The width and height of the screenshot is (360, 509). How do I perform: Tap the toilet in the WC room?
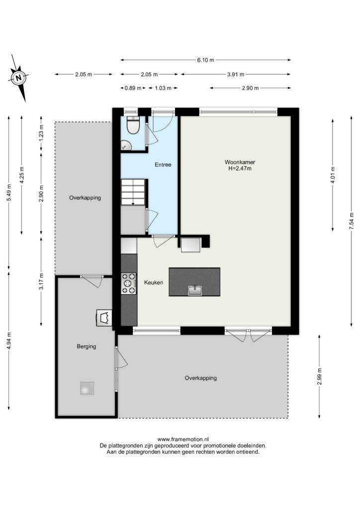click(133, 125)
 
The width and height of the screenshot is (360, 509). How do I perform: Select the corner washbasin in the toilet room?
click(126, 145)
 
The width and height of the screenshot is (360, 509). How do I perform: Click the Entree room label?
click(163, 165)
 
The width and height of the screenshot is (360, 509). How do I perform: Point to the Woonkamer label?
click(240, 162)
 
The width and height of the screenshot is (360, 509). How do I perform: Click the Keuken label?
click(154, 282)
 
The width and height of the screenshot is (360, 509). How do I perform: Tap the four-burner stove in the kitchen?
click(129, 283)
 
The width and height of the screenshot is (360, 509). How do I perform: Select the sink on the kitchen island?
click(195, 290)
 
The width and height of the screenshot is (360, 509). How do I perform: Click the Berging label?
click(87, 346)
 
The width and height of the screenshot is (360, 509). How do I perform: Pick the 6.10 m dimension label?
click(205, 60)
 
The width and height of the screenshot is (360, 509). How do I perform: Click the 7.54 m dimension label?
click(351, 221)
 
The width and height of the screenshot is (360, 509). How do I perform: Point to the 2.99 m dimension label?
click(319, 377)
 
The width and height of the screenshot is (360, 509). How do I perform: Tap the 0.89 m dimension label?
click(133, 88)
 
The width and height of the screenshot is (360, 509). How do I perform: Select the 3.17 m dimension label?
click(41, 282)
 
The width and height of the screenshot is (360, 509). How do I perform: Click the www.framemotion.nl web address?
click(183, 439)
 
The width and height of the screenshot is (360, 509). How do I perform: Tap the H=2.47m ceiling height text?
click(240, 169)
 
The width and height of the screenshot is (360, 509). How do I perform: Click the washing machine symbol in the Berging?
click(104, 318)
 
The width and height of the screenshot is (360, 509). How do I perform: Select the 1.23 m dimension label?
click(41, 133)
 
